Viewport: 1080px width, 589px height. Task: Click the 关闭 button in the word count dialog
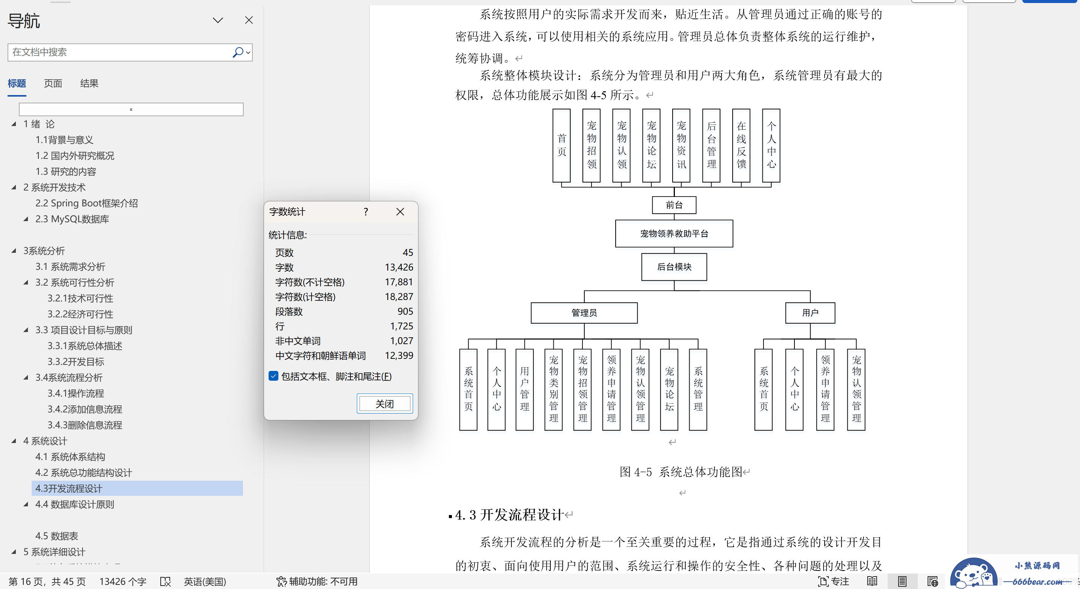[x=384, y=404]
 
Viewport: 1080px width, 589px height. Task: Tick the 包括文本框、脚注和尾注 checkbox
[x=273, y=376]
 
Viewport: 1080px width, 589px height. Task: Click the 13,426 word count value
[x=399, y=267]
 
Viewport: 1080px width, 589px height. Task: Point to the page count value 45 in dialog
[x=407, y=252]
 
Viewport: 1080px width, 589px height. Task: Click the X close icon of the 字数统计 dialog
[x=400, y=212]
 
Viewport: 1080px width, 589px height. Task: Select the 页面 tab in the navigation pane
[x=53, y=83]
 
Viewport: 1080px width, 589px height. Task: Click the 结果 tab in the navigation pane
[x=89, y=83]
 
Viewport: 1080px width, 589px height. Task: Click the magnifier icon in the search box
[x=238, y=52]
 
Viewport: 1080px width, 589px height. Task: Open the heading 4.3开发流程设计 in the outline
[x=69, y=488]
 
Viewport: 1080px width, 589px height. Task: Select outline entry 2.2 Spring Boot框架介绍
[x=86, y=203]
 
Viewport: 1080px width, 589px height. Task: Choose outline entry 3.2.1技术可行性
[x=80, y=298]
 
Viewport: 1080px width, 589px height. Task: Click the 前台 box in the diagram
[x=674, y=205]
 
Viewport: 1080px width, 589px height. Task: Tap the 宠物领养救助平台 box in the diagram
[x=674, y=234]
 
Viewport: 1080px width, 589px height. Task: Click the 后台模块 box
[x=674, y=267]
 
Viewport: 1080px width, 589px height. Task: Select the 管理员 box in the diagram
[x=584, y=313]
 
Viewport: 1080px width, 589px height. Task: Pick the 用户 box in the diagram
[x=810, y=313]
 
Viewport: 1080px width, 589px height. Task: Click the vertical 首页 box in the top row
[x=561, y=146]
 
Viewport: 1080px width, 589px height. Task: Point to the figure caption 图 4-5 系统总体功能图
[x=681, y=472]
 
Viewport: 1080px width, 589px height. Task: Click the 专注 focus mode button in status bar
[x=833, y=581]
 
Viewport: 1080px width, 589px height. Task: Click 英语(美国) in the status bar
[x=204, y=581]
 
